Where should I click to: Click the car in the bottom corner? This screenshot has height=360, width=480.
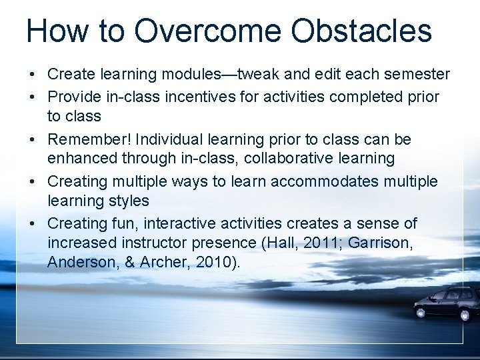coord(445,303)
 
